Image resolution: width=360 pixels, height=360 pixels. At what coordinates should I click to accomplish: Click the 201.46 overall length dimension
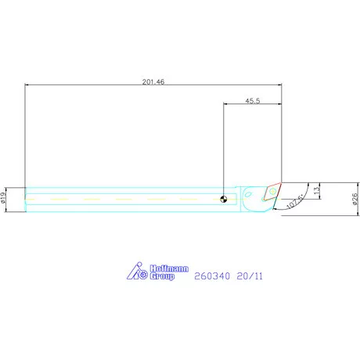click(153, 82)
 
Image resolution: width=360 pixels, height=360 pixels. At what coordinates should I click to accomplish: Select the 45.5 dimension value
click(253, 101)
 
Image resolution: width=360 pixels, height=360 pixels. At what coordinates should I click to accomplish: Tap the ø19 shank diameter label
click(3, 198)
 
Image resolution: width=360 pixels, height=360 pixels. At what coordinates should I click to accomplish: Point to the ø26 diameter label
click(355, 199)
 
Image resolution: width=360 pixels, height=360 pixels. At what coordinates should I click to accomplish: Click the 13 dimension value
click(316, 190)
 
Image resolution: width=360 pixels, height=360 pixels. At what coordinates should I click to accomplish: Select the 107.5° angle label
click(295, 201)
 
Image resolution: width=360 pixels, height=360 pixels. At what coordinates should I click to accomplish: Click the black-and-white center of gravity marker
click(224, 200)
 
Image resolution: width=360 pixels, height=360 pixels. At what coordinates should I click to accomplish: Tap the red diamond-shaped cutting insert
click(272, 192)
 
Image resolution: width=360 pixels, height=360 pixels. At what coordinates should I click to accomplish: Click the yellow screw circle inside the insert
click(272, 191)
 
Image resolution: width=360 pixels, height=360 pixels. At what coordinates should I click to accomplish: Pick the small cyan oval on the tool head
click(247, 194)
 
